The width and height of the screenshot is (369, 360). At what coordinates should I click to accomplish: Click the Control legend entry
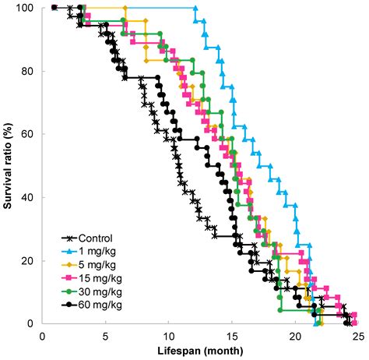(x=96, y=239)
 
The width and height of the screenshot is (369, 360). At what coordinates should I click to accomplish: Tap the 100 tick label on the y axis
(x=25, y=8)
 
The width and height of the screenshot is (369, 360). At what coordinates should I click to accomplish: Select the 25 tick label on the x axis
(x=357, y=335)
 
